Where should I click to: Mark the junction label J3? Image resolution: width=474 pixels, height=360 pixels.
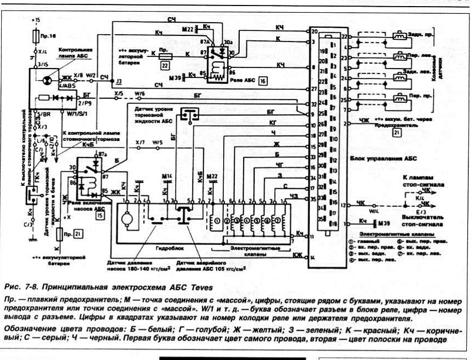[x=118, y=81]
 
